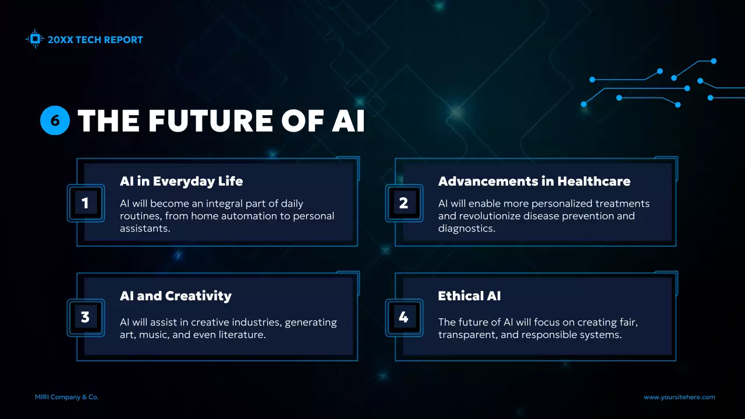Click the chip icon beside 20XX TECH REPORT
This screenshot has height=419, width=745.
pos(35,39)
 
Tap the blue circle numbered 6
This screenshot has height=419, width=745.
pos(55,120)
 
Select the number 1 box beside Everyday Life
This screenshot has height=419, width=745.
pos(86,203)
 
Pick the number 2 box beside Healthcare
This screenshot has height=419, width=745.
pos(403,203)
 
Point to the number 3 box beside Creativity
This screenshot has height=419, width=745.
pos(86,317)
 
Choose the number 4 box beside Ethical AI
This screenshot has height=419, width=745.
pos(403,317)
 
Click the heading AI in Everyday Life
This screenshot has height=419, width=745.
pos(181,181)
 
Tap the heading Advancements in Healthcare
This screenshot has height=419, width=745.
pos(534,181)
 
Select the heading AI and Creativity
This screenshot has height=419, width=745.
pos(175,296)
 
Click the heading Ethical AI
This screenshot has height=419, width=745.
pos(469,296)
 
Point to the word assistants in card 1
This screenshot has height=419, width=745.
pos(144,229)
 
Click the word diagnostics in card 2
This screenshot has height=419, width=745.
pos(466,229)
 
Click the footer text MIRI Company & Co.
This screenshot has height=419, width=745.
pos(67,397)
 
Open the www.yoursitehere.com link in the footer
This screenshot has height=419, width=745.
pos(679,397)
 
